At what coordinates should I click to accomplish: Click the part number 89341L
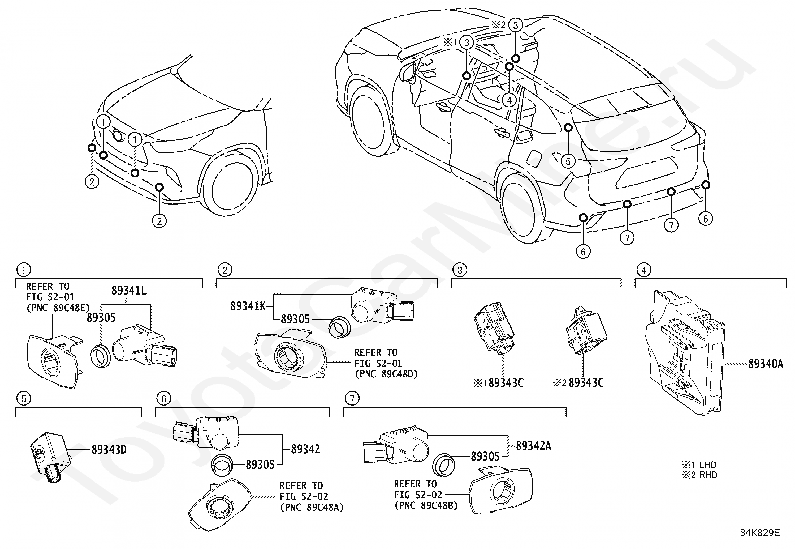click(x=129, y=290)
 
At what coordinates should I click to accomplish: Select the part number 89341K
click(x=248, y=306)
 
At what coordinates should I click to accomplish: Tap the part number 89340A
click(x=765, y=364)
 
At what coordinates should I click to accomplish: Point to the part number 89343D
click(x=109, y=450)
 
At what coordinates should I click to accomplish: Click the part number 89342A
click(x=533, y=445)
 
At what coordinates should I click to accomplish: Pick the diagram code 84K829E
click(x=760, y=532)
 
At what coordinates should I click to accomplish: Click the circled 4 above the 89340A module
click(x=644, y=270)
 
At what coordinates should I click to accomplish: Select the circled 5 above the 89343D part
click(x=24, y=398)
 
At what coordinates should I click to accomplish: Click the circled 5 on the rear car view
click(x=568, y=161)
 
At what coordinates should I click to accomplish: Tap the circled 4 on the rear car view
click(x=509, y=100)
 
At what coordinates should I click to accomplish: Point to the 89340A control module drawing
click(x=684, y=352)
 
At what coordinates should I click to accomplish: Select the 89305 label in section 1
click(x=101, y=318)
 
